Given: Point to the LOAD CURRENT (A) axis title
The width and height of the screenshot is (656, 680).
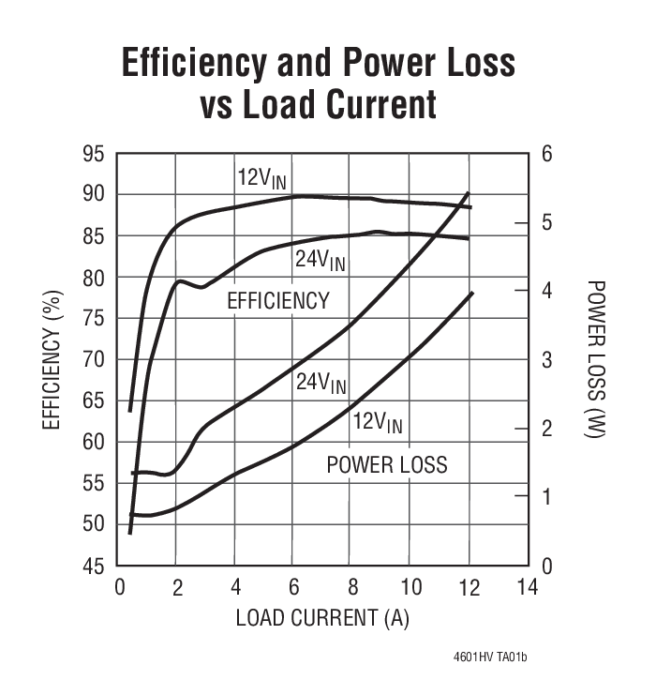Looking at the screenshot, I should coord(322,618).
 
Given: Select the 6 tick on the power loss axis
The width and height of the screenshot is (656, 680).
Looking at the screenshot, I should coord(546,154).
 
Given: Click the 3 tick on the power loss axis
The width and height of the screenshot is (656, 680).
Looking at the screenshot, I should coord(546,360).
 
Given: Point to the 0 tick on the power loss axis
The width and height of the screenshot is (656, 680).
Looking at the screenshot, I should coord(546,566).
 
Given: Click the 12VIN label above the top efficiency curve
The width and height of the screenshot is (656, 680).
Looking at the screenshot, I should coord(261,179).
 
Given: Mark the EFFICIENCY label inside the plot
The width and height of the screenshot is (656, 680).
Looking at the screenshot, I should coord(278,301).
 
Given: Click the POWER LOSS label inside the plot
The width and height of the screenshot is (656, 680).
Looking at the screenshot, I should coord(386,464).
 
